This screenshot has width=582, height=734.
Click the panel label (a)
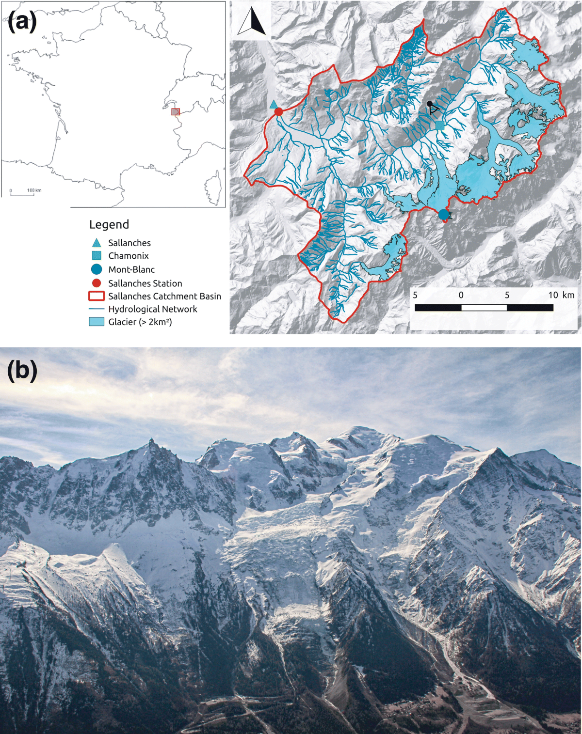tap(22, 22)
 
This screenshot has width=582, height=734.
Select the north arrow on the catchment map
tap(252, 23)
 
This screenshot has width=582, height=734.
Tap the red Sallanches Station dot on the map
tap(278, 112)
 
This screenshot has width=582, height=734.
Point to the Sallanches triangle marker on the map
tap(274, 104)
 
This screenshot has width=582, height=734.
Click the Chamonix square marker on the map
tap(439, 125)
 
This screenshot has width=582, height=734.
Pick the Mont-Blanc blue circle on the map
tap(443, 214)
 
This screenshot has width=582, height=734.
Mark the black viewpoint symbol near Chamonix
tap(432, 107)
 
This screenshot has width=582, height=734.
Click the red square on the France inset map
tap(176, 112)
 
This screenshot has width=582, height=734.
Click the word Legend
tap(109, 225)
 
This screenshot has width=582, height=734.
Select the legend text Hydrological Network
tap(153, 309)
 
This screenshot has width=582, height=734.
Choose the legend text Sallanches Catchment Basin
tap(164, 296)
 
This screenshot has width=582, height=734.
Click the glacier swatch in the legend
tap(97, 322)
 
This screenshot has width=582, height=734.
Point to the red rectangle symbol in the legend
tap(97, 296)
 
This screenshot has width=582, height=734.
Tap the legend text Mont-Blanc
tap(131, 269)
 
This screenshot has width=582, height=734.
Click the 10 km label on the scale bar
tap(561, 295)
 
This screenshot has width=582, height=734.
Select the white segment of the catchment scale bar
tap(484, 308)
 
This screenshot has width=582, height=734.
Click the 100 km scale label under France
tap(34, 190)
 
